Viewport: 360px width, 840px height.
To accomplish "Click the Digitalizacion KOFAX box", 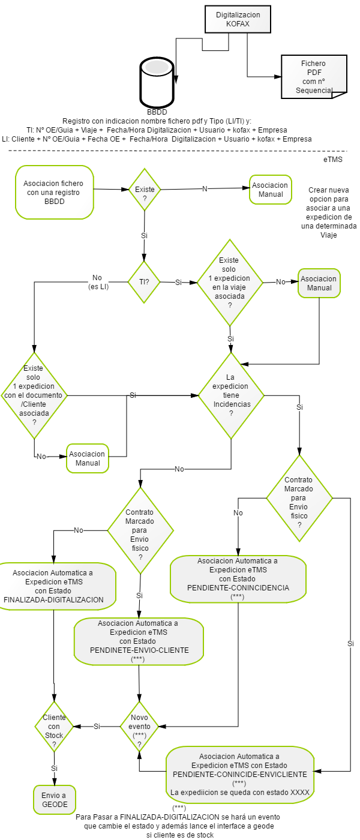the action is click(x=238, y=19).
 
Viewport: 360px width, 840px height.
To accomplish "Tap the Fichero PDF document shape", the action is click(x=314, y=77).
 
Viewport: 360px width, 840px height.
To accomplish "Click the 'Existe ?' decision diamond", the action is click(x=145, y=190).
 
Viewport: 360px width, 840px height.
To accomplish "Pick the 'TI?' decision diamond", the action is click(x=145, y=282).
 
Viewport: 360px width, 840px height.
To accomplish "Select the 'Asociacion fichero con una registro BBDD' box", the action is click(x=55, y=193).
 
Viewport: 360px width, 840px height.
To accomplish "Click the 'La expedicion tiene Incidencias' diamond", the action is click(x=231, y=395).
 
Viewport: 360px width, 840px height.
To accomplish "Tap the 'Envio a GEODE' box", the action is click(x=55, y=799).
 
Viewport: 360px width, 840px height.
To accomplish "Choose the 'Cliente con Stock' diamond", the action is click(x=54, y=727).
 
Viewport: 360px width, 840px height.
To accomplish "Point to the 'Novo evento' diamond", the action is click(x=139, y=727).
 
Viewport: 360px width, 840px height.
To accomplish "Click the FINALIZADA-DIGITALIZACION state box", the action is click(x=53, y=586).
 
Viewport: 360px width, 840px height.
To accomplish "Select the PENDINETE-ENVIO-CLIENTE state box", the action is click(x=139, y=641).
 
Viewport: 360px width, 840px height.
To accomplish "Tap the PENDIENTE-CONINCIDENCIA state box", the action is click(x=238, y=579).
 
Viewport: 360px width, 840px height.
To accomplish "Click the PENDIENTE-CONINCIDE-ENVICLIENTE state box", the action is click(x=240, y=775).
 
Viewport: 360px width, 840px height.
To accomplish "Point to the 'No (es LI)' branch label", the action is click(x=98, y=282).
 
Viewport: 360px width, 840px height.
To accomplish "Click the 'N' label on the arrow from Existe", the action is click(x=205, y=188).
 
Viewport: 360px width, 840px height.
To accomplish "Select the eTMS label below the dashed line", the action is click(x=333, y=160).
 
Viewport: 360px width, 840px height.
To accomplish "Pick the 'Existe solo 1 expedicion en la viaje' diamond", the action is click(x=230, y=283).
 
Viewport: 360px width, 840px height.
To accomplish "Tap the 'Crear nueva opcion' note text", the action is click(x=329, y=212).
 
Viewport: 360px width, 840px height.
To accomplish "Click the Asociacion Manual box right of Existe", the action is click(x=271, y=190).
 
